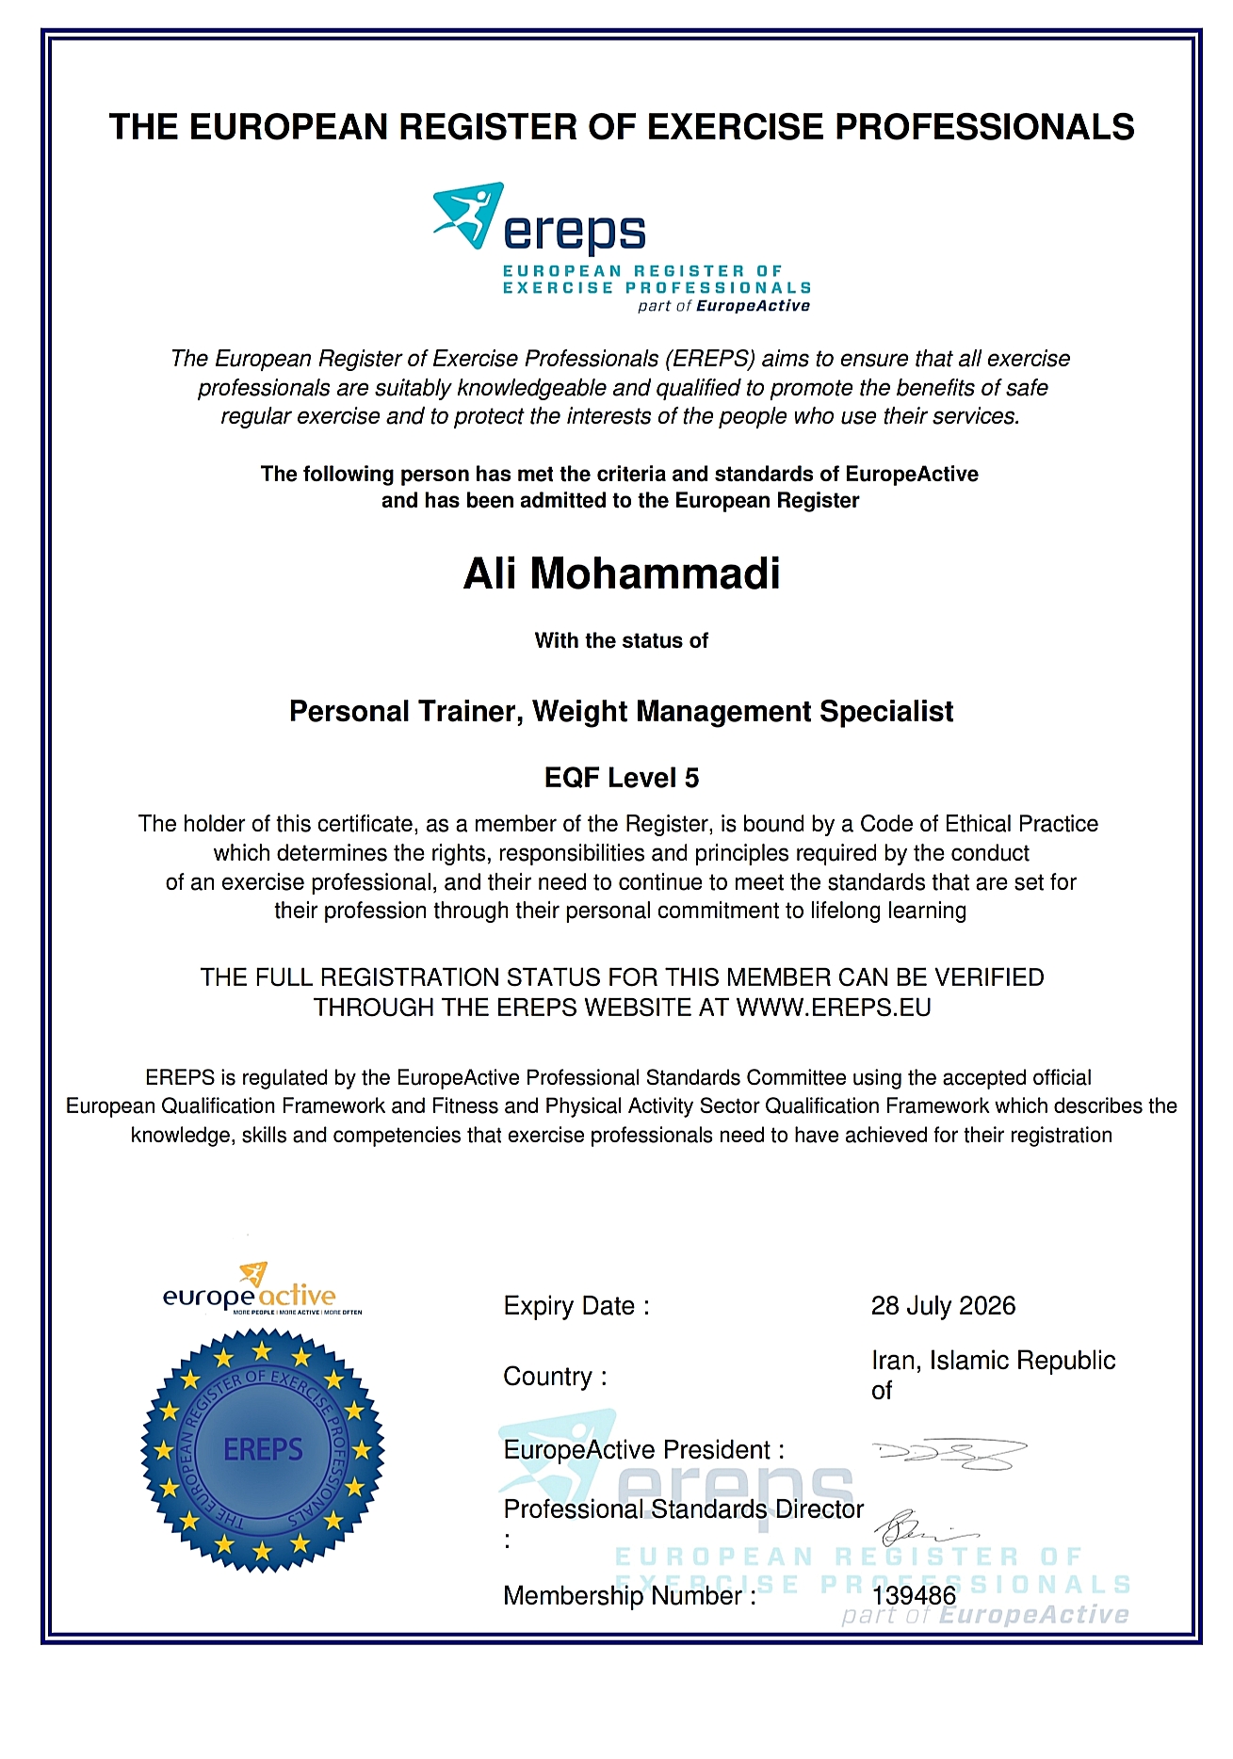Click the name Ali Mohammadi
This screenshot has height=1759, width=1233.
(x=622, y=574)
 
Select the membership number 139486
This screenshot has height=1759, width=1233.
(x=914, y=1595)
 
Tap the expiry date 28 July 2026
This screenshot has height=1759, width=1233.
(x=943, y=1306)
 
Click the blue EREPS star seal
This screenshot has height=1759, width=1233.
(x=263, y=1449)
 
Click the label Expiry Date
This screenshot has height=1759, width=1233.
(x=576, y=1306)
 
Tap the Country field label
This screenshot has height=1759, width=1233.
(x=555, y=1377)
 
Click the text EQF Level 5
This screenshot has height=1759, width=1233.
(x=622, y=778)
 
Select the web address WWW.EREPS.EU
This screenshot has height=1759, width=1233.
(x=834, y=1008)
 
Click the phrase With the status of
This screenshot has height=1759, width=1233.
(x=622, y=641)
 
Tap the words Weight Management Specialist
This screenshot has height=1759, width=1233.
(x=743, y=712)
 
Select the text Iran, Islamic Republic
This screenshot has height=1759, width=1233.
(x=993, y=1361)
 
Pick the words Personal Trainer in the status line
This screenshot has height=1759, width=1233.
(x=405, y=712)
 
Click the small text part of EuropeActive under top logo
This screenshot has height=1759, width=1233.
(x=723, y=306)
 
